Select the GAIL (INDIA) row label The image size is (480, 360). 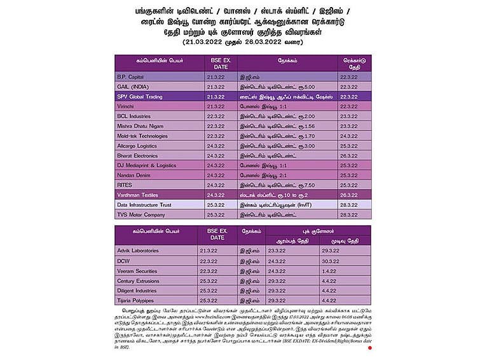pos(133,87)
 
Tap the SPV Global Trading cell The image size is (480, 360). pos(140,97)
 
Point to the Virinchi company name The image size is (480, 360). pos(127,107)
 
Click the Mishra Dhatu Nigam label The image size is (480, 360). pos(139,127)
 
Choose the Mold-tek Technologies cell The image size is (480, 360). pos(142,136)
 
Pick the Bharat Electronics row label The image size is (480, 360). pos(138,156)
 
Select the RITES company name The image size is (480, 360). pos(125,185)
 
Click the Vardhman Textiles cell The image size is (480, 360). pos(137,195)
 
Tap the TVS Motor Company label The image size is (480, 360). pos(141,215)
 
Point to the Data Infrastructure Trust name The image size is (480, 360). pos(144,205)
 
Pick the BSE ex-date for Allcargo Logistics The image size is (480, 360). pos(216,146)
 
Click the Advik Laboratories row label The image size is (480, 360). pos(138,251)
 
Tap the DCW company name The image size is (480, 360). pos(123,261)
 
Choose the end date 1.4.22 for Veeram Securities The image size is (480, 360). pos(329,271)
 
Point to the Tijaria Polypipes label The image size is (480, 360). pos(136,300)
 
